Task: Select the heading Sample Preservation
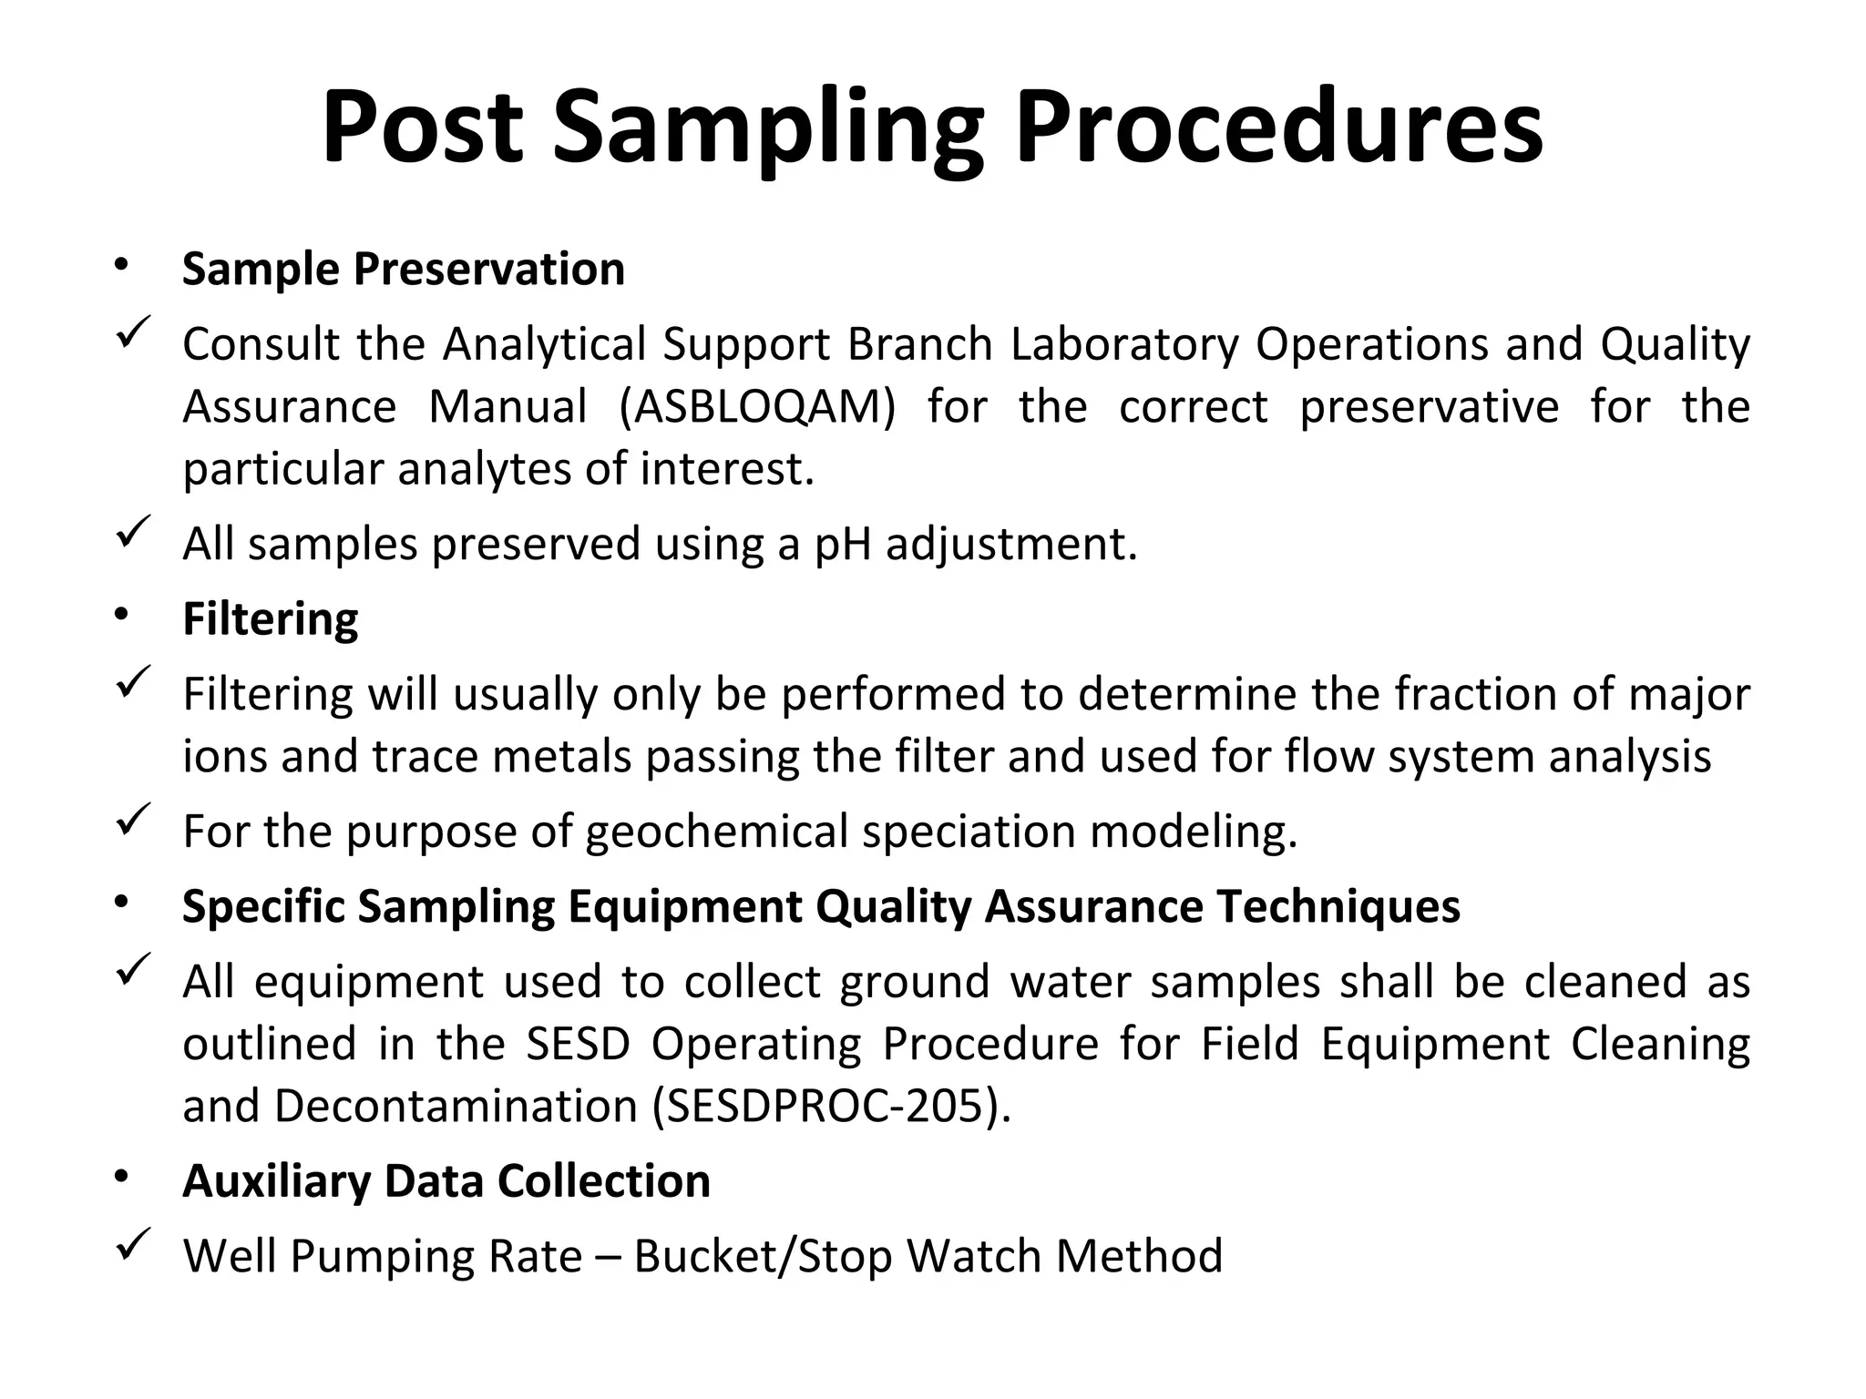(x=403, y=270)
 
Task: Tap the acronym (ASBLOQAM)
(x=756, y=407)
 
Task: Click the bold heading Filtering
(x=270, y=619)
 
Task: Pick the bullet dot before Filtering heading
(x=121, y=616)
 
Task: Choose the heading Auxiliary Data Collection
(x=446, y=1181)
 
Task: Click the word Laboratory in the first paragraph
(x=1124, y=345)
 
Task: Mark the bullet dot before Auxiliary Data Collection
(x=121, y=1178)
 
